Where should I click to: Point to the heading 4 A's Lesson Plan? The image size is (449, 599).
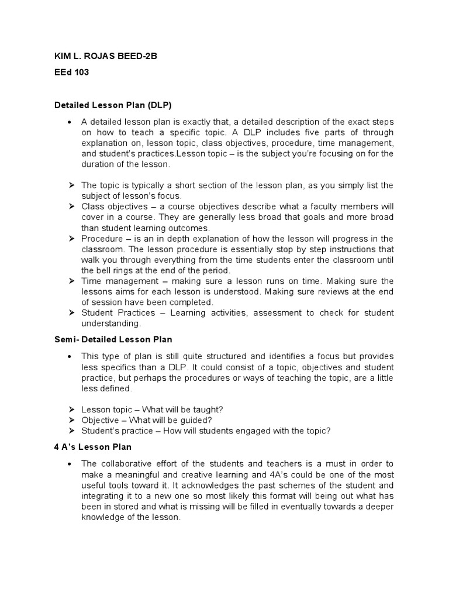tap(94, 447)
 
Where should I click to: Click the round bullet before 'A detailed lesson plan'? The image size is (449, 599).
tap(70, 122)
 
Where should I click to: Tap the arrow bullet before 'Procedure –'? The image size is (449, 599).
tap(70, 239)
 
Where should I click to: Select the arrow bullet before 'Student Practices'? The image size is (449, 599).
tap(70, 313)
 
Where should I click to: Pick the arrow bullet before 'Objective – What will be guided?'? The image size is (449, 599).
tap(70, 420)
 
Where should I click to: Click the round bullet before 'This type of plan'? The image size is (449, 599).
tap(70, 356)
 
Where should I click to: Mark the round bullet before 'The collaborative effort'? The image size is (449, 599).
tap(70, 464)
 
